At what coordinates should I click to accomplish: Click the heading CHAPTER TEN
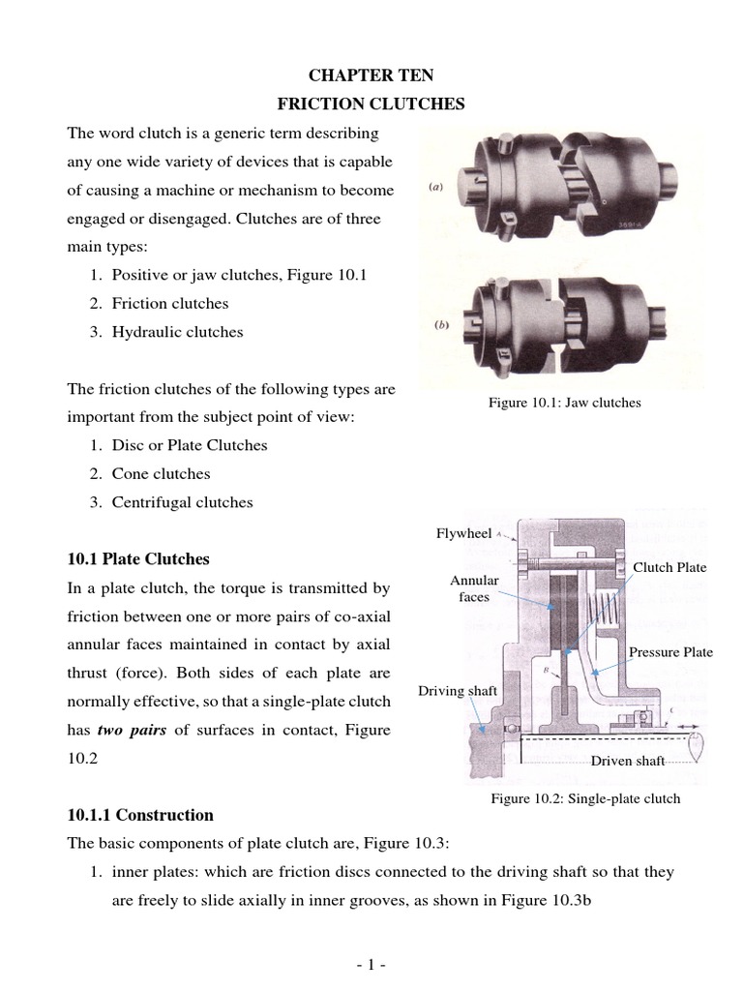click(x=371, y=75)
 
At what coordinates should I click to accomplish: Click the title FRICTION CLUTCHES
click(x=371, y=104)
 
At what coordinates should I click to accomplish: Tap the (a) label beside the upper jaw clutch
click(x=436, y=188)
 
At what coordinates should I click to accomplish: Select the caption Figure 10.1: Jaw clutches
click(x=565, y=402)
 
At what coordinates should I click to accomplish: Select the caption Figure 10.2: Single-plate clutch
click(x=585, y=798)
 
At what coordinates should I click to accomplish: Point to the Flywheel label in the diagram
click(x=464, y=532)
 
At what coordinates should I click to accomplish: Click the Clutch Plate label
click(x=669, y=567)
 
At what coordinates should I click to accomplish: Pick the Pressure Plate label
click(x=670, y=651)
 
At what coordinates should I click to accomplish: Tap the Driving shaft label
click(x=457, y=690)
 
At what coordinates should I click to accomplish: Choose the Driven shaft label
click(x=628, y=761)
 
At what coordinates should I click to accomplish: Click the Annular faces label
click(x=474, y=588)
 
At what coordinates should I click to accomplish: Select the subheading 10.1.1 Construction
click(x=139, y=815)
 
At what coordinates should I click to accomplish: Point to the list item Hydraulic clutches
click(x=176, y=331)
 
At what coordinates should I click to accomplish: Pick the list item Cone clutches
click(x=161, y=474)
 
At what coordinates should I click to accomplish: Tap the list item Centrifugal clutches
click(x=182, y=502)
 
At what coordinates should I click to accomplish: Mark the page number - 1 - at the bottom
click(x=371, y=965)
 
